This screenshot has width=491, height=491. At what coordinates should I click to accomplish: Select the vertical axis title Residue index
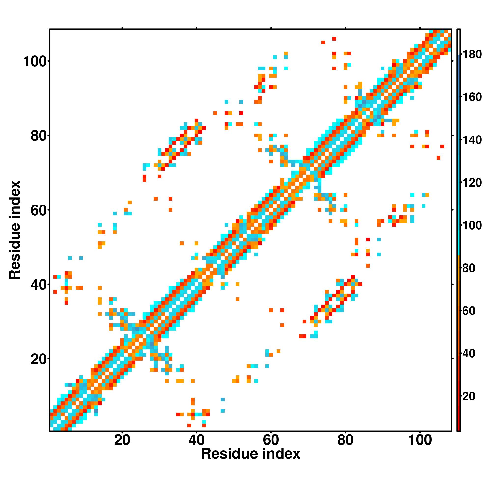tap(14, 230)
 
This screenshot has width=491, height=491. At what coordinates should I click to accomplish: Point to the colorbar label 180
tap(472, 55)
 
